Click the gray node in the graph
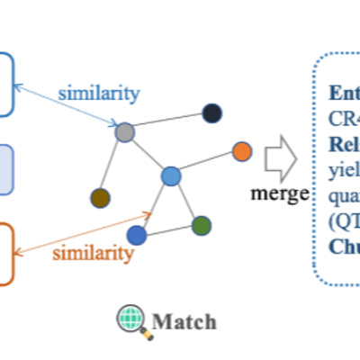[125, 133]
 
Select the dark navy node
[211, 112]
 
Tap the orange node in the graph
[241, 151]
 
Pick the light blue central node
[172, 176]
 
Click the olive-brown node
[100, 198]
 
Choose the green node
[201, 225]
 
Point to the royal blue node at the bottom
[137, 235]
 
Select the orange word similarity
[93, 253]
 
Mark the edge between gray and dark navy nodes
[168, 122]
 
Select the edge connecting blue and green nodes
[169, 230]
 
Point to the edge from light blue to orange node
[207, 164]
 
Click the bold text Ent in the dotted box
[342, 94]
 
